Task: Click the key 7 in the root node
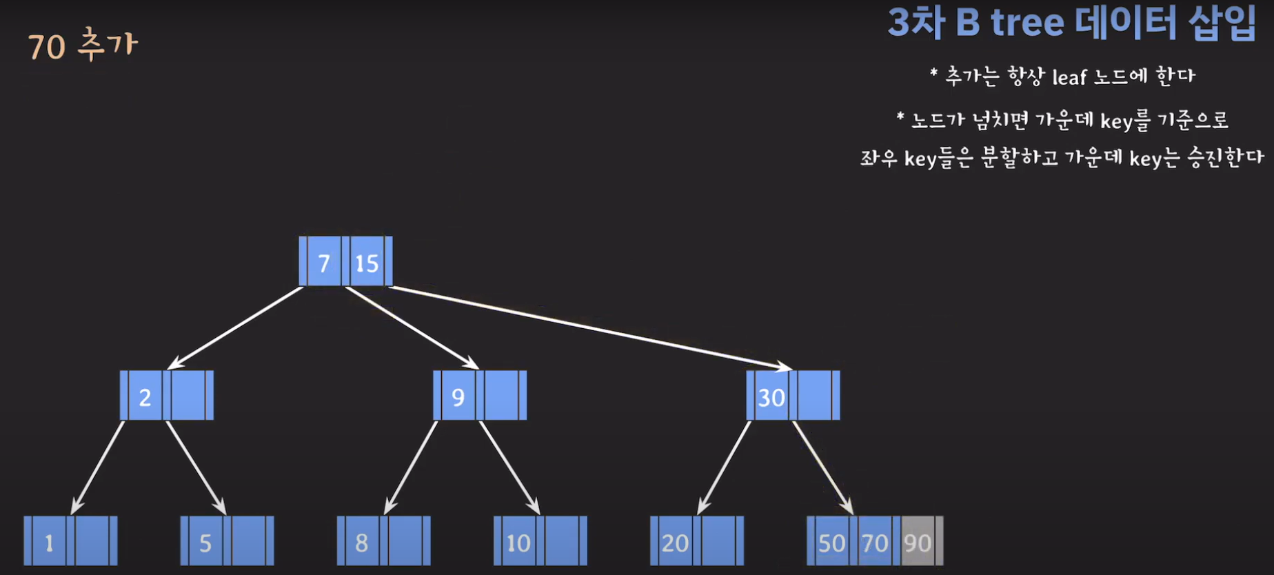coord(324,262)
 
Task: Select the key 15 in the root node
coord(367,262)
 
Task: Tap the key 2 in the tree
coord(145,396)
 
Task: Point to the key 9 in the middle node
coord(458,396)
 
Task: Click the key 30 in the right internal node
coord(771,396)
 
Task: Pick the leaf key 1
coord(49,543)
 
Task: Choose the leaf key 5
coord(205,543)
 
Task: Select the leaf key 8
coord(362,543)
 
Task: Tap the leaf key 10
coord(518,543)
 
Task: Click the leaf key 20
coord(675,543)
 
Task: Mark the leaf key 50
coord(831,543)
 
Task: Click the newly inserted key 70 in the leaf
coord(875,543)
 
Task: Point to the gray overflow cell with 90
coord(918,543)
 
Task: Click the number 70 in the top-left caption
coord(47,47)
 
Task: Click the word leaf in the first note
coord(1069,77)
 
